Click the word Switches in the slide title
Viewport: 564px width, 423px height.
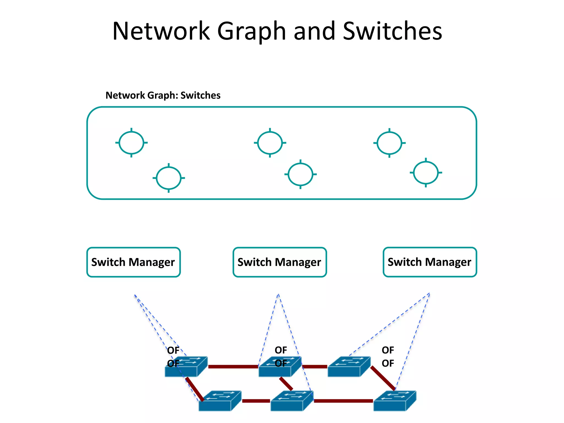point(392,31)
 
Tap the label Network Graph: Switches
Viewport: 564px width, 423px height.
point(163,95)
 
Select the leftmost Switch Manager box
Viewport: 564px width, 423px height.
point(133,262)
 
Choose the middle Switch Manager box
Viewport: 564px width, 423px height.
point(280,262)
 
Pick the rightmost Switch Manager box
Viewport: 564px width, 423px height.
point(429,262)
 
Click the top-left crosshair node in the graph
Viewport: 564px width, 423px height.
point(131,143)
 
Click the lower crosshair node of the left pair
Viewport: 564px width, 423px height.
point(169,178)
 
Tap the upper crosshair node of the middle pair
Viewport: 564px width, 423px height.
point(270,143)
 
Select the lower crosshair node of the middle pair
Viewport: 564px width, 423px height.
point(300,174)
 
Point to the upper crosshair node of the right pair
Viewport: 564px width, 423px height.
point(389,143)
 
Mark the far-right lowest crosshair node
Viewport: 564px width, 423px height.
point(426,173)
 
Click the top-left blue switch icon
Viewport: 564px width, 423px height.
point(186,367)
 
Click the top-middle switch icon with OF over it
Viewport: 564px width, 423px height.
point(280,367)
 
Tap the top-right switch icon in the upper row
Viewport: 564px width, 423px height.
point(349,367)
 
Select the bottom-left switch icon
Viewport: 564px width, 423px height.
point(219,401)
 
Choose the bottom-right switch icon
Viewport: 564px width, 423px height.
point(394,401)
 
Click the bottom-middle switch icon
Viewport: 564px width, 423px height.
point(292,401)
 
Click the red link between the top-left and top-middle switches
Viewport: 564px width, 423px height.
point(233,367)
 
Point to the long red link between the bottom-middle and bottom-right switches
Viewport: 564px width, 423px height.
point(343,401)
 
